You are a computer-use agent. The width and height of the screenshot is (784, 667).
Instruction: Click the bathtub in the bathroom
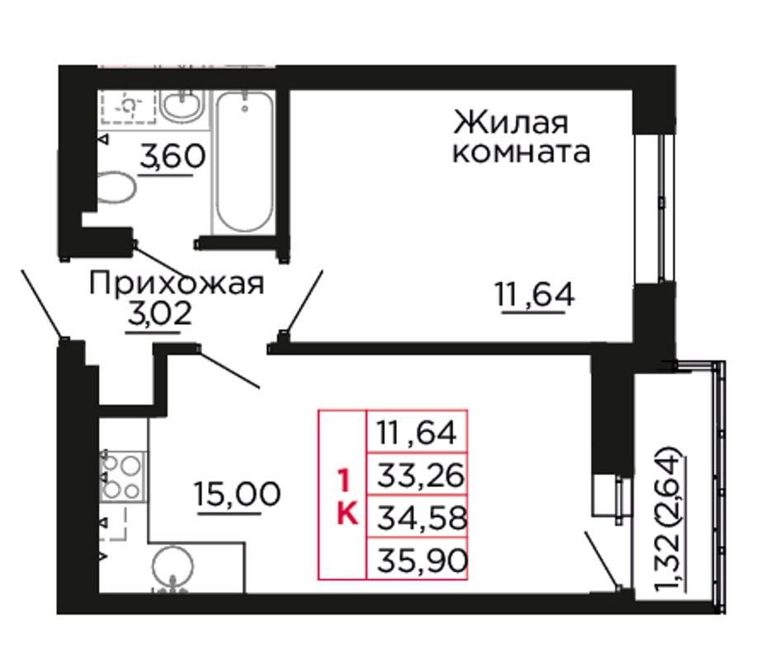pos(244,162)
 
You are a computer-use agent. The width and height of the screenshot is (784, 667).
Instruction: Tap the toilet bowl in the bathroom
pos(117,188)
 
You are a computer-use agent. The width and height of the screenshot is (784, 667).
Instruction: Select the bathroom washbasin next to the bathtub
pos(183,106)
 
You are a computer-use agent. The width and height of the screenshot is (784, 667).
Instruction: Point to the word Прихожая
pos(177,283)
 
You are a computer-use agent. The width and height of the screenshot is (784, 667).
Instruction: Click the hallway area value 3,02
pos(160,314)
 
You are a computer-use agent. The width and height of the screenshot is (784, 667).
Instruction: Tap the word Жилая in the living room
pos(511,122)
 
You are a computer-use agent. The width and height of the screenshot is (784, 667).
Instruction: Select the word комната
pos(521,152)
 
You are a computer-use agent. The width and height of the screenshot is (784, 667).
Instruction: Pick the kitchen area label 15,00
pos(238,494)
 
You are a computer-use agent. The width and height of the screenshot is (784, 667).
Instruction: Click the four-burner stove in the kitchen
pos(123,476)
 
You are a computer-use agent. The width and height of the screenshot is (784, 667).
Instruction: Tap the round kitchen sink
pos(172,567)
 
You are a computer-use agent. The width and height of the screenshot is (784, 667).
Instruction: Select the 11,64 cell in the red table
pos(417,433)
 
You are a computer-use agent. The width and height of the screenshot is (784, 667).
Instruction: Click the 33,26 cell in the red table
pos(417,475)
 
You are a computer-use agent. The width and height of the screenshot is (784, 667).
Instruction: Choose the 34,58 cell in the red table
pos(417,517)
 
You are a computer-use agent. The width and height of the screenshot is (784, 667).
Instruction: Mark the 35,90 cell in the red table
pos(417,559)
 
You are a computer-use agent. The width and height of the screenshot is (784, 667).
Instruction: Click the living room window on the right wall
pos(655,209)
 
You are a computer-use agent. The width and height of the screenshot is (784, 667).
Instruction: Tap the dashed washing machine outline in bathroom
pos(129,106)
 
